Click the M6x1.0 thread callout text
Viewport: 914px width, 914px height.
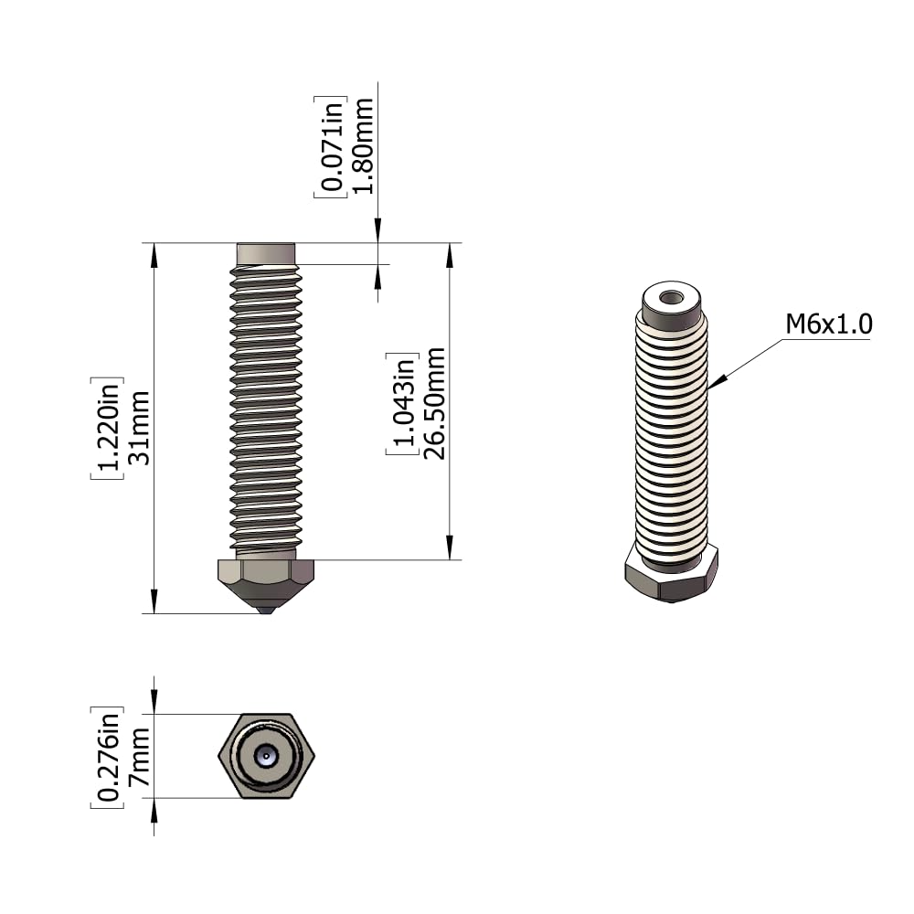[x=829, y=324]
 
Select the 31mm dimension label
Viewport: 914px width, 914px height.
[x=139, y=429]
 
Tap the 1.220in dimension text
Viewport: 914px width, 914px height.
[x=109, y=429]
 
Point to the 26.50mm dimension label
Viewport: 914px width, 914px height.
[x=434, y=404]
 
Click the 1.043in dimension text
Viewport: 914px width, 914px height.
[x=403, y=404]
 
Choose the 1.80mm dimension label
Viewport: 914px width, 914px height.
[x=363, y=145]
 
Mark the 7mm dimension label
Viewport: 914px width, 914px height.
[x=139, y=756]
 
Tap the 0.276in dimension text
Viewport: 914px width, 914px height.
[x=109, y=756]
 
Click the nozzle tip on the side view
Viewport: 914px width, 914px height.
[x=266, y=611]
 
